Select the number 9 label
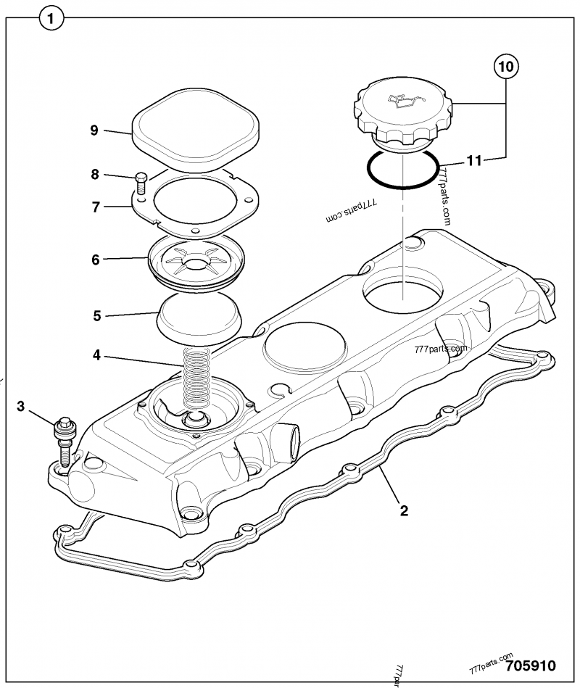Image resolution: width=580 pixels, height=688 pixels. click(94, 130)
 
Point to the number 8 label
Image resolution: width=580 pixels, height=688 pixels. click(94, 174)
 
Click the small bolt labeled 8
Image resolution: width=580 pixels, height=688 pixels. click(141, 183)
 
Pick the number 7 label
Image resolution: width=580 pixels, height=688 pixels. click(94, 207)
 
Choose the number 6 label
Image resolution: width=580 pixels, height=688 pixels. click(95, 259)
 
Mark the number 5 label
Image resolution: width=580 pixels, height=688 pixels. click(96, 315)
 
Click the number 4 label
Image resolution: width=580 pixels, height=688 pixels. click(96, 355)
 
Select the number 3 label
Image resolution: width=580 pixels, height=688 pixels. click(21, 407)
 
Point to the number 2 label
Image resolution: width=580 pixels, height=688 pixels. click(404, 510)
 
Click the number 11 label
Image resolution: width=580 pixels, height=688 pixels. click(473, 161)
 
